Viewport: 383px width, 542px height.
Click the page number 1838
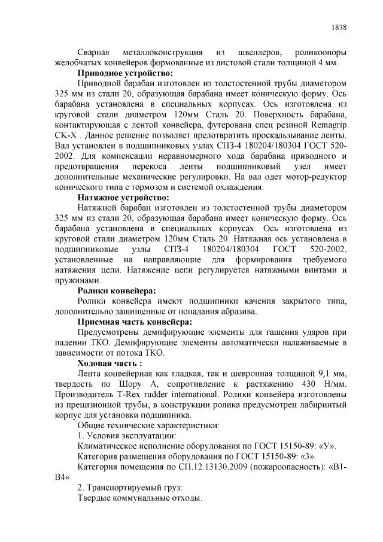point(339,28)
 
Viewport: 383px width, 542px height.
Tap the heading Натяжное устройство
point(124,197)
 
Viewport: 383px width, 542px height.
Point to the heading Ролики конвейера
point(117,290)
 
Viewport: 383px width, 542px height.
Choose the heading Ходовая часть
point(110,363)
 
